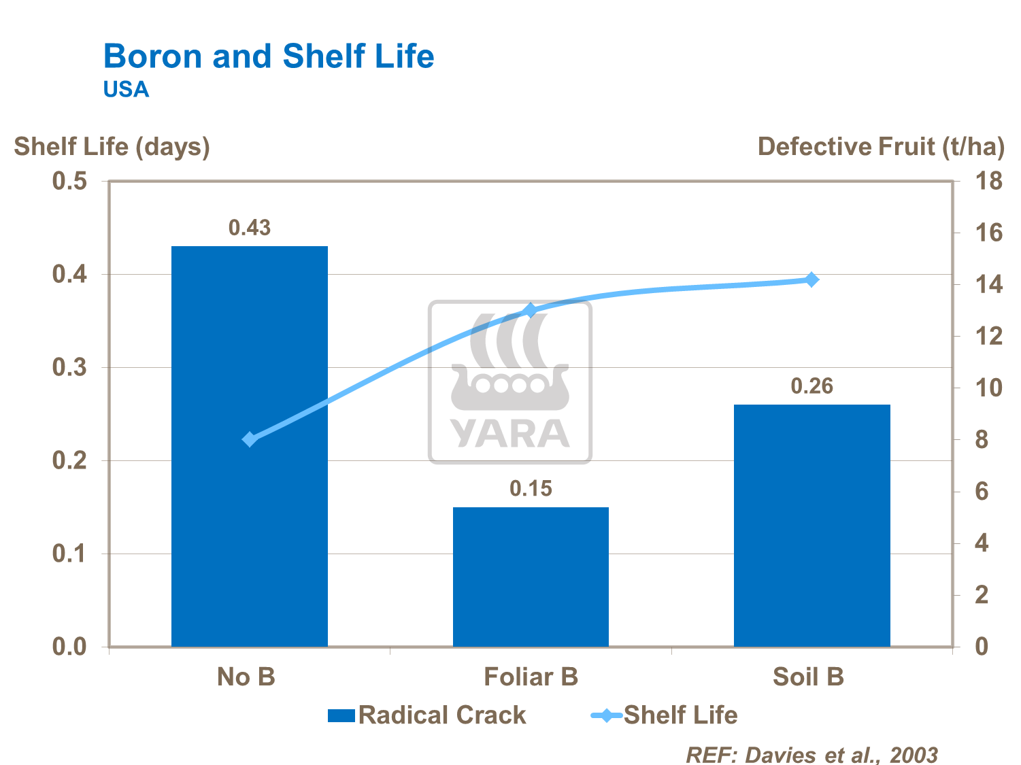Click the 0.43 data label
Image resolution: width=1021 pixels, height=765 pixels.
click(x=250, y=228)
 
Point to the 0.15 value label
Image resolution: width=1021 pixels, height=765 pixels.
click(x=531, y=488)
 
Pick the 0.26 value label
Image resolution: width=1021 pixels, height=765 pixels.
click(x=811, y=386)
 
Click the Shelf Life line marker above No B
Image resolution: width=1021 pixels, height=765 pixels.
click(x=250, y=439)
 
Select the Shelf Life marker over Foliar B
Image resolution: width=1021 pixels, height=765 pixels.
click(x=531, y=311)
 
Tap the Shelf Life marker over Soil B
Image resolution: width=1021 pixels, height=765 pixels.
click(x=811, y=279)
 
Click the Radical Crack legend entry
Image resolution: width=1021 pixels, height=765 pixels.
click(x=427, y=715)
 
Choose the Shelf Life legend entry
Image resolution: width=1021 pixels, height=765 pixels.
click(x=665, y=715)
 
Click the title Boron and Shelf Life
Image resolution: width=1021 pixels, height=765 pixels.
click(x=269, y=56)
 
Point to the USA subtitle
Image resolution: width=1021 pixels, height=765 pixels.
click(x=126, y=90)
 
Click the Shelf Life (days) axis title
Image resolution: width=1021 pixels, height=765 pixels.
click(x=112, y=147)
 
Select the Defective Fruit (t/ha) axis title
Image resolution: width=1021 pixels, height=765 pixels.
click(x=881, y=147)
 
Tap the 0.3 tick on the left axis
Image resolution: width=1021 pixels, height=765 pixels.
click(x=69, y=368)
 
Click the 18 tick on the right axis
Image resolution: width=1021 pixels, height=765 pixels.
click(x=988, y=182)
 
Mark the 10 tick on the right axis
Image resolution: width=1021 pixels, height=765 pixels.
click(x=988, y=388)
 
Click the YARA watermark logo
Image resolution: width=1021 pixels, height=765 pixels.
click(x=510, y=382)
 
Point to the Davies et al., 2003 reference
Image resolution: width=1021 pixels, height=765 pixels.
click(x=811, y=754)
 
